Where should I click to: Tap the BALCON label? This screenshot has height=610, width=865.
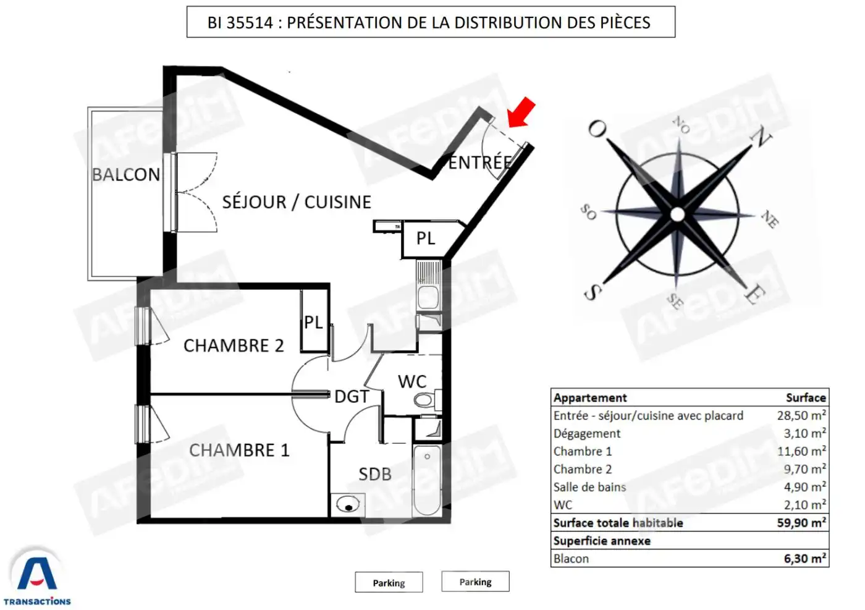[x=126, y=175]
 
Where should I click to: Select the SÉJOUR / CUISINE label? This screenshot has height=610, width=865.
[x=297, y=202]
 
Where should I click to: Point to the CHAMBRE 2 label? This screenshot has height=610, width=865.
[x=234, y=345]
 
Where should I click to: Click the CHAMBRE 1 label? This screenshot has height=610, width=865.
[x=239, y=450]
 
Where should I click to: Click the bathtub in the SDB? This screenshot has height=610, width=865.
[x=427, y=480]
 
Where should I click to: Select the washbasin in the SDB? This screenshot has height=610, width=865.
[x=348, y=504]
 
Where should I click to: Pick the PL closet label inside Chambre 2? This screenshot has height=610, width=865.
[x=313, y=322]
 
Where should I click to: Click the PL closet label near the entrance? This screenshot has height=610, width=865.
[x=426, y=239]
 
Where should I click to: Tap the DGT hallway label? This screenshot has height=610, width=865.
[x=352, y=397]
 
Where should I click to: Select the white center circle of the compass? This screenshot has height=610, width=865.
[x=677, y=214]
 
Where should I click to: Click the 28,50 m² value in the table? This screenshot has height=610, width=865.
[x=801, y=415]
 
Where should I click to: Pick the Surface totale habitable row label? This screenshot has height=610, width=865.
[x=618, y=523]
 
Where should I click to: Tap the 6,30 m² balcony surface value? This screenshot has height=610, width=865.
[x=804, y=558]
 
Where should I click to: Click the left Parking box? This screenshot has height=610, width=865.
[x=389, y=582]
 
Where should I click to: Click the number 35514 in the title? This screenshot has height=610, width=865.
[x=250, y=22]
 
